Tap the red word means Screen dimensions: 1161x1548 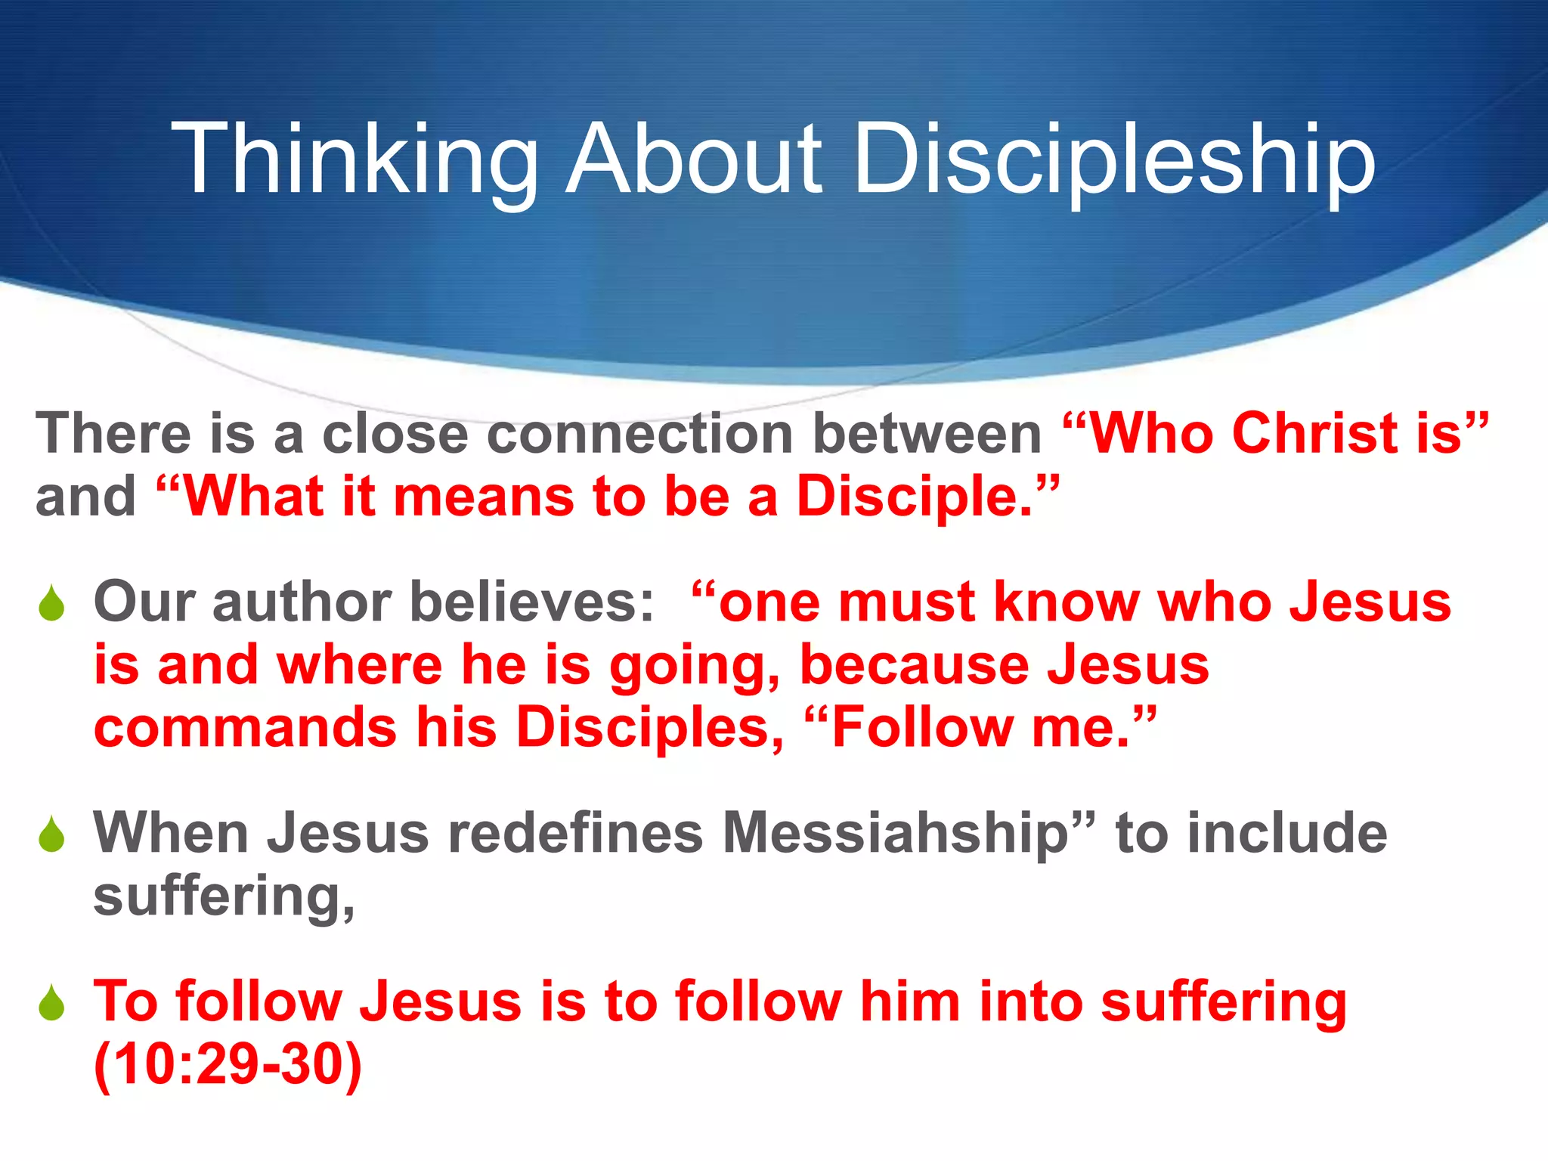484,497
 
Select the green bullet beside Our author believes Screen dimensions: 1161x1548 51,604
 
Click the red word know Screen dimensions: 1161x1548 1066,602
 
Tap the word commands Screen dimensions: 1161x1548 246,728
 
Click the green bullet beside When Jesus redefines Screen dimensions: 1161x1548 51,834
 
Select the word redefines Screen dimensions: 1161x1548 575,833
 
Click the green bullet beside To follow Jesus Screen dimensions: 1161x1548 51,1003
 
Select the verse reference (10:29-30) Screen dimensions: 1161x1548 228,1065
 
